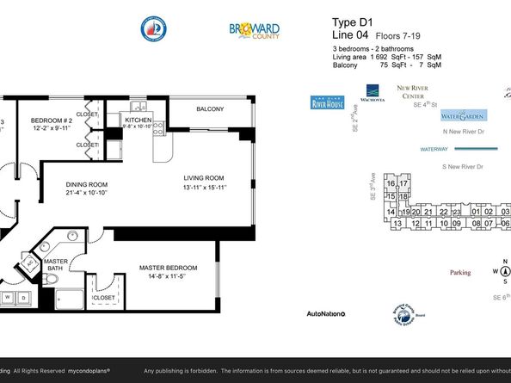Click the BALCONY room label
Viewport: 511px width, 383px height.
210,109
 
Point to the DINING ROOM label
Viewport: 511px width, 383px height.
86,183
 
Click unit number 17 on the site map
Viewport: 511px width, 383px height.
403,183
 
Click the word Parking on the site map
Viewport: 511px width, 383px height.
460,273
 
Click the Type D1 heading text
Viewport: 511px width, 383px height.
348,22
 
